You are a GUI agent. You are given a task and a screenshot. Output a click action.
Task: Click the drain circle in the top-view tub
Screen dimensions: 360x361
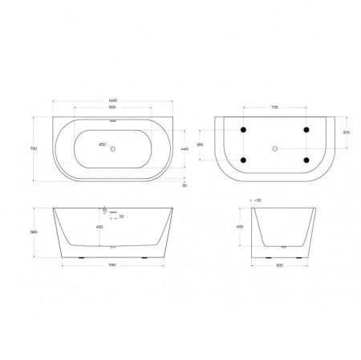[x=112, y=148]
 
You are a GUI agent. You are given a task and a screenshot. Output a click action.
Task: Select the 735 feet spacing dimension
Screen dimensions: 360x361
[x=274, y=106]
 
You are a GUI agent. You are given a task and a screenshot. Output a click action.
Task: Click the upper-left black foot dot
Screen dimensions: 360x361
[x=242, y=131]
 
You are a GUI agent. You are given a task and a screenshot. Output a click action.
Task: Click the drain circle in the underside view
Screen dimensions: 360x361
[x=275, y=148]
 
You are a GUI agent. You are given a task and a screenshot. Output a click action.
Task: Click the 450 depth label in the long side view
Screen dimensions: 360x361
[x=99, y=226]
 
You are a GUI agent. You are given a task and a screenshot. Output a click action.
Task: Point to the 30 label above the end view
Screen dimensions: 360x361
[x=258, y=200]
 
